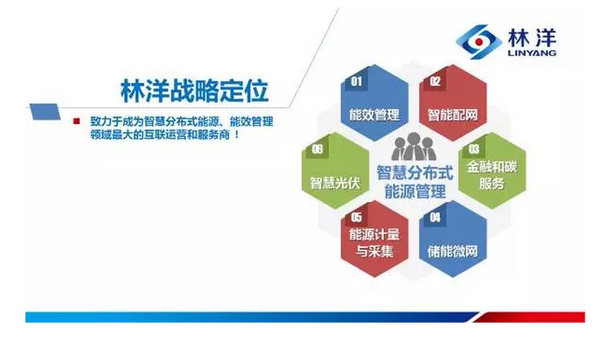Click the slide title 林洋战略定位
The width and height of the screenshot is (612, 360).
195,91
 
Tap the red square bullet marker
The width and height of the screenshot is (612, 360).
76,121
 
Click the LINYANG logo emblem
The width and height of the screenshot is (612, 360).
478,42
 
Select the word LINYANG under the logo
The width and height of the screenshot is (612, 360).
532,53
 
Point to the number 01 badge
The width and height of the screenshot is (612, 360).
356,81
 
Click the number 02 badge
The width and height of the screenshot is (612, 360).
435,81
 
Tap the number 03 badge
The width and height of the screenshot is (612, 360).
474,149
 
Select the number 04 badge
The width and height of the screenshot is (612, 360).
435,217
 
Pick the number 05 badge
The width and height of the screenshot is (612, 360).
356,217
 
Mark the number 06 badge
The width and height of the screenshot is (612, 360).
317,149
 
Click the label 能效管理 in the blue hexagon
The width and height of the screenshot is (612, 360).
374,114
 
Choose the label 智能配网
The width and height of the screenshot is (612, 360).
453,114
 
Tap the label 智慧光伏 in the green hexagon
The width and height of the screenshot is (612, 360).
335,183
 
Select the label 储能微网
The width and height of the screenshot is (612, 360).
453,251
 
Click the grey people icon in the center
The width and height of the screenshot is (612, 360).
414,147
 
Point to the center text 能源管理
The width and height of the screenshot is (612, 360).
415,192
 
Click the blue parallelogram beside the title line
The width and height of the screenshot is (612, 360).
45,111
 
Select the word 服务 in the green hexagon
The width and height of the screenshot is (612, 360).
492,183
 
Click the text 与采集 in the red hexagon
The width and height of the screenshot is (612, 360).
374,251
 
